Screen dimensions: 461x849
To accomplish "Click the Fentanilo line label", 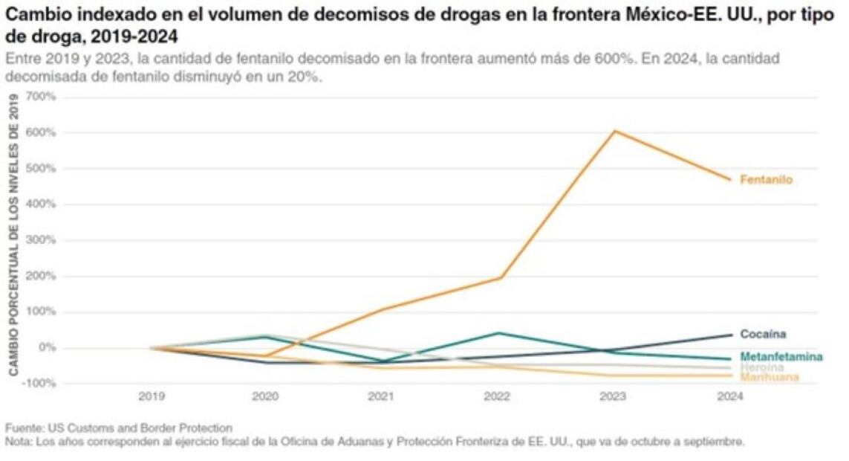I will (x=766, y=180).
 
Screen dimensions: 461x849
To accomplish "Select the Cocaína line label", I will (x=763, y=335).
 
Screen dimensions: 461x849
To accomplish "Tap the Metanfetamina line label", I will (x=781, y=357).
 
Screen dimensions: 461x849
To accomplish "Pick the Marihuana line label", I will (x=770, y=378).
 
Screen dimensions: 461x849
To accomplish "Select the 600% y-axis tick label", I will (x=41, y=133).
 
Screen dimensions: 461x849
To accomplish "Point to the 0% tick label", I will (x=46, y=348).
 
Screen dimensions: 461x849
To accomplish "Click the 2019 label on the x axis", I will (x=152, y=397).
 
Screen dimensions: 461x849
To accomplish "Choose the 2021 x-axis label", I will (x=381, y=397).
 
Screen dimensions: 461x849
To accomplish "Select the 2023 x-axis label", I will (x=611, y=397).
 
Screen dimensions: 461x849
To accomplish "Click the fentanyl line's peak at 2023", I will (x=613, y=132).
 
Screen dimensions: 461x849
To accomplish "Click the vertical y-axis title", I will (x=13, y=233).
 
